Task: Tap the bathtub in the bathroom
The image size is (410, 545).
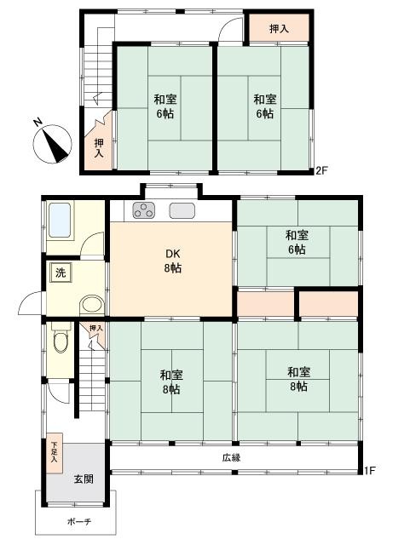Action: click(x=60, y=221)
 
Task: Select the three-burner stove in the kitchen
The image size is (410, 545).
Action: click(x=144, y=210)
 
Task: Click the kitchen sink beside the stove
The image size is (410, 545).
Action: click(x=182, y=210)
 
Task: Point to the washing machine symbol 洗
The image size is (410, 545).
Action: click(x=61, y=272)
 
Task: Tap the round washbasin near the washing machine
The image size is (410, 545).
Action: click(x=92, y=306)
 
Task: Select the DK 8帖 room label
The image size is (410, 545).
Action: click(x=173, y=261)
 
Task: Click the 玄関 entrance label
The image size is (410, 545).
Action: click(x=84, y=479)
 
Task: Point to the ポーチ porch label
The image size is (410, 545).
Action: click(x=79, y=521)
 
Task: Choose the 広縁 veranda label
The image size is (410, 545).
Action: click(x=232, y=457)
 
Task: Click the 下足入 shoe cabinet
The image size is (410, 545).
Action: click(x=55, y=453)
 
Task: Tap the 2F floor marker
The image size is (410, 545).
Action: click(x=321, y=170)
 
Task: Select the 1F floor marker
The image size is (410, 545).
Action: click(x=370, y=471)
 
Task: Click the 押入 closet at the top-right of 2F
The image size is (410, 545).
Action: click(x=279, y=28)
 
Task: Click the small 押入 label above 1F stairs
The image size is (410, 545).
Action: click(x=96, y=328)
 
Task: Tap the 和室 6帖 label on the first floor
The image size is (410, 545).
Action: click(x=297, y=242)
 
